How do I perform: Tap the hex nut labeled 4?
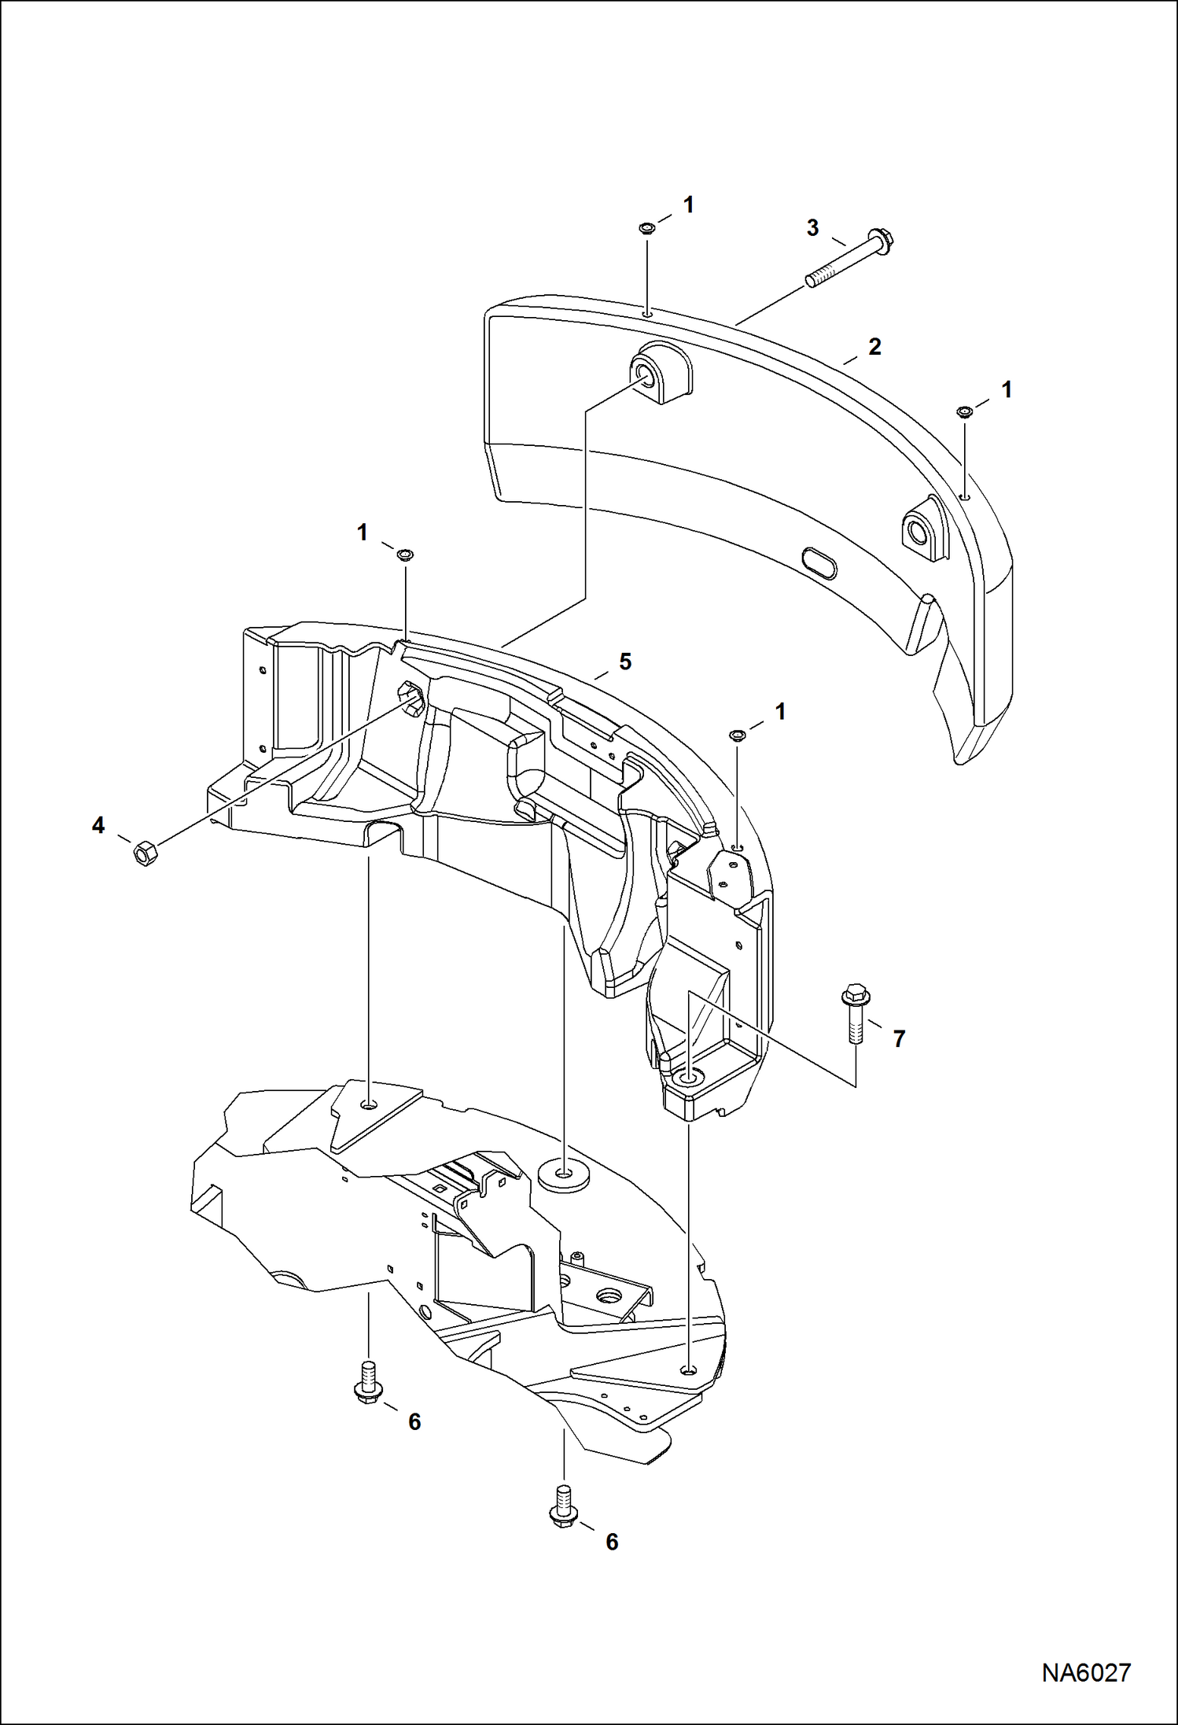[x=145, y=853]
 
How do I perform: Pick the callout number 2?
[x=874, y=347]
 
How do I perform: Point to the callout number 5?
[x=625, y=662]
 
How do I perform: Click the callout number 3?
[x=812, y=228]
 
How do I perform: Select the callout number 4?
[x=98, y=825]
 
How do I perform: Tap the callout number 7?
[x=900, y=1038]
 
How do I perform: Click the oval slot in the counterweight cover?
[x=819, y=564]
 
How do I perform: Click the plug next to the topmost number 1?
[x=646, y=229]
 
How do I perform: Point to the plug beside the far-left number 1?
[x=406, y=555]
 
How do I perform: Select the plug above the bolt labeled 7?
[x=737, y=735]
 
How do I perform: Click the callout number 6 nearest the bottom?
[x=612, y=1541]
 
